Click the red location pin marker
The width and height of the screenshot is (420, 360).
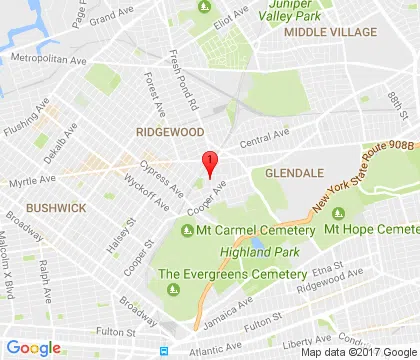(209, 164)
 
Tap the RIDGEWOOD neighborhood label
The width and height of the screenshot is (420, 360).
(170, 132)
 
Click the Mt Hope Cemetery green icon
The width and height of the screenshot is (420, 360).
(338, 213)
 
